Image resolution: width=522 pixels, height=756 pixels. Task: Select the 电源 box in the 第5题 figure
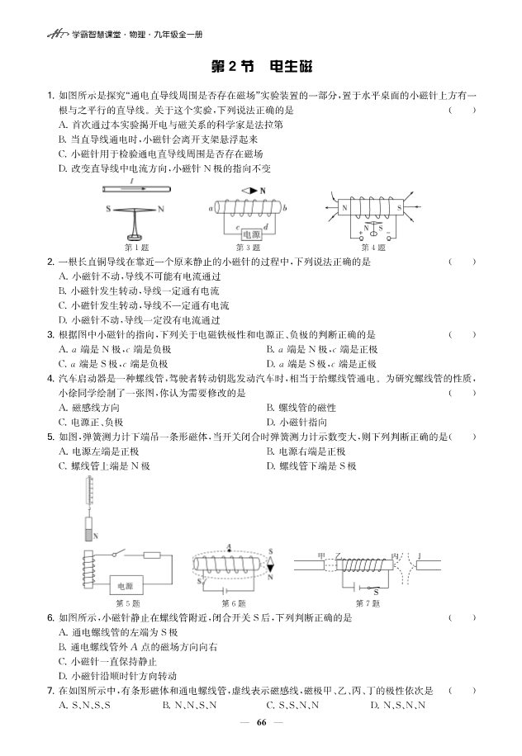129,584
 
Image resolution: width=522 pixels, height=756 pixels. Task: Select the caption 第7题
369,603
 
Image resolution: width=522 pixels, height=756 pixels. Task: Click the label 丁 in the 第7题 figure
419,556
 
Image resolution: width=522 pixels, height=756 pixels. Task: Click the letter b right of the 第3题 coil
285,209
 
